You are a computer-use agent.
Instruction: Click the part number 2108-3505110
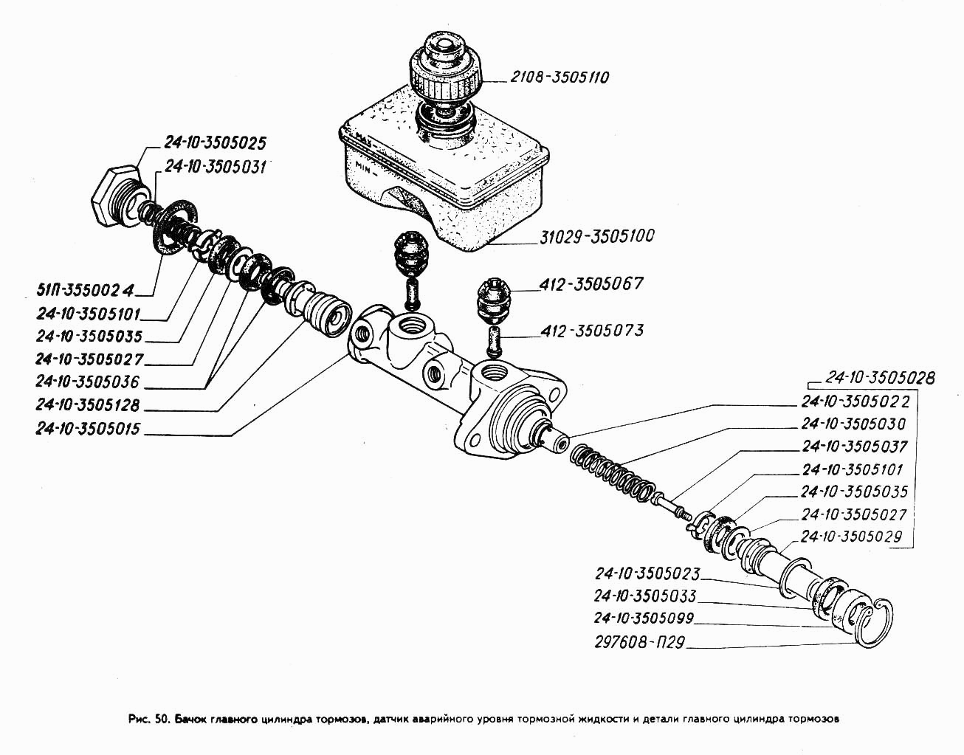click(558, 77)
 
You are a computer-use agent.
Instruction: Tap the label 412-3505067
click(591, 283)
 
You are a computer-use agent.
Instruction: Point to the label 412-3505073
click(591, 330)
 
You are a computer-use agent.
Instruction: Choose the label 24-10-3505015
click(88, 429)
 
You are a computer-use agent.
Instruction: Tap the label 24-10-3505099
click(644, 618)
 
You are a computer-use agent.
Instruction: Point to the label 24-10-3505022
click(854, 402)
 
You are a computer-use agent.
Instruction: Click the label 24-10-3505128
click(88, 405)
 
